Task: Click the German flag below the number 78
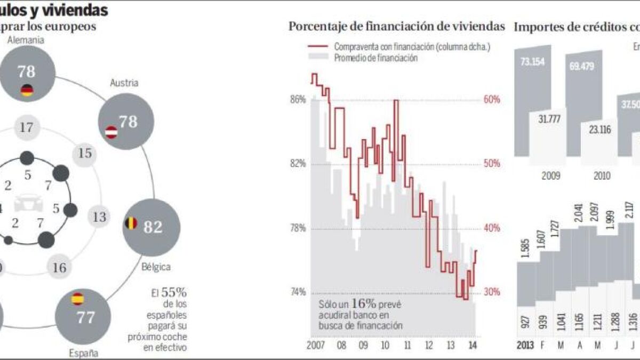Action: [x=27, y=90]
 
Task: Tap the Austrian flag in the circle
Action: [x=111, y=132]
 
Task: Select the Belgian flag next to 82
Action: [x=131, y=223]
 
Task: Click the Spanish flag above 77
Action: [x=78, y=299]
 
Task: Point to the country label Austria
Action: [x=124, y=83]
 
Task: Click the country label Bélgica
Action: [x=156, y=266]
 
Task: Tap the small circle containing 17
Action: [x=27, y=127]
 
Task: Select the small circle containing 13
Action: [x=99, y=217]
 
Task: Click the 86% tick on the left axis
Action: [x=298, y=100]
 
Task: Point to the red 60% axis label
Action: [x=492, y=100]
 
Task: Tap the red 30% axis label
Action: [x=492, y=292]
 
